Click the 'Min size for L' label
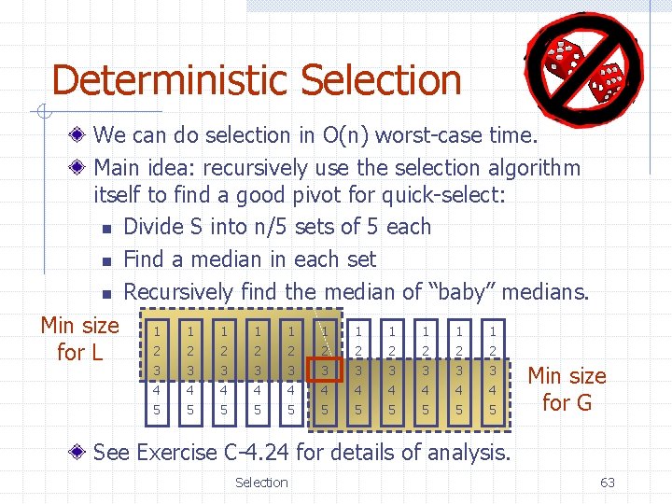tap(79, 339)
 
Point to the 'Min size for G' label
tap(567, 389)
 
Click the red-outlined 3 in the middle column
tap(325, 371)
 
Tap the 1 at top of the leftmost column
tap(157, 331)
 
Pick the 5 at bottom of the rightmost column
tap(493, 410)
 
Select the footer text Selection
tap(261, 483)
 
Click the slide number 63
tap(607, 483)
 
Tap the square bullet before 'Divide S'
tap(107, 229)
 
